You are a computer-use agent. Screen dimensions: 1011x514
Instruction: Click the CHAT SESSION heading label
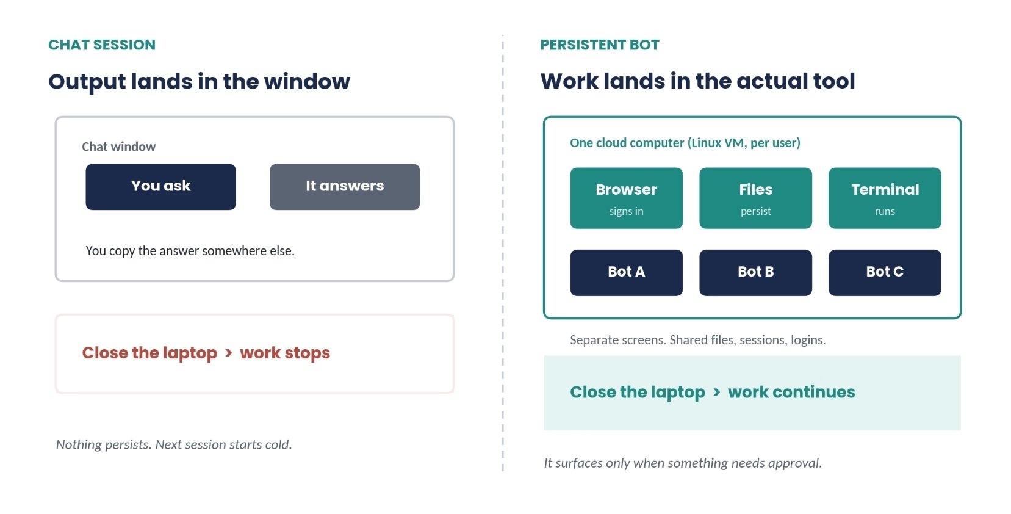click(x=102, y=45)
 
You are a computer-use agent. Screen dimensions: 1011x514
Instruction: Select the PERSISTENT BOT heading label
click(x=600, y=45)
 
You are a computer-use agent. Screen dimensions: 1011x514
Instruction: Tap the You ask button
click(x=160, y=187)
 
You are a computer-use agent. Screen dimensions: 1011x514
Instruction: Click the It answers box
click(x=345, y=187)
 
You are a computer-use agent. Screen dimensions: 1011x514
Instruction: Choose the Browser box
click(x=627, y=198)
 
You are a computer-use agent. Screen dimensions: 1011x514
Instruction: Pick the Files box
click(x=755, y=198)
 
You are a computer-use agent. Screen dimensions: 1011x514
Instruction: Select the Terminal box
click(x=885, y=198)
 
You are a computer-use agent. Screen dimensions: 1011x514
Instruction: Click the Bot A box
click(x=627, y=272)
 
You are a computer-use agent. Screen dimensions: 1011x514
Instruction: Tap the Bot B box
click(x=755, y=272)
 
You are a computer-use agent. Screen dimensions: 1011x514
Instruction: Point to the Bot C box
click(x=885, y=272)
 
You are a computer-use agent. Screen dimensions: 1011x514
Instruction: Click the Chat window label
click(x=119, y=147)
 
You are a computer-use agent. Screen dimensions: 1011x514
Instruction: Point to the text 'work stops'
click(x=285, y=353)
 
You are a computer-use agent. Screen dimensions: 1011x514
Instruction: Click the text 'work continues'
click(x=791, y=392)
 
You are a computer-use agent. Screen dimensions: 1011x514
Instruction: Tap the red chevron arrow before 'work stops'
click(x=228, y=353)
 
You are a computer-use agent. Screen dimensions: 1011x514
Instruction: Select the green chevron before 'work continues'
click(x=716, y=392)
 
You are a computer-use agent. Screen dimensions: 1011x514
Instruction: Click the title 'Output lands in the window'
click(x=199, y=82)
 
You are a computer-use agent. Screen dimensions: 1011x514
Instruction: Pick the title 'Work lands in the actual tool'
click(x=698, y=81)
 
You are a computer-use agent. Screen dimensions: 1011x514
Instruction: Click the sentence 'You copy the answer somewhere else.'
click(x=190, y=251)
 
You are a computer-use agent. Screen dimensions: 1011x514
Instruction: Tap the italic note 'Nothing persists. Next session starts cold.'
click(x=174, y=444)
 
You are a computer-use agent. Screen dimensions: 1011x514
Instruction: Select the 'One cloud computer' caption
click(x=685, y=143)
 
